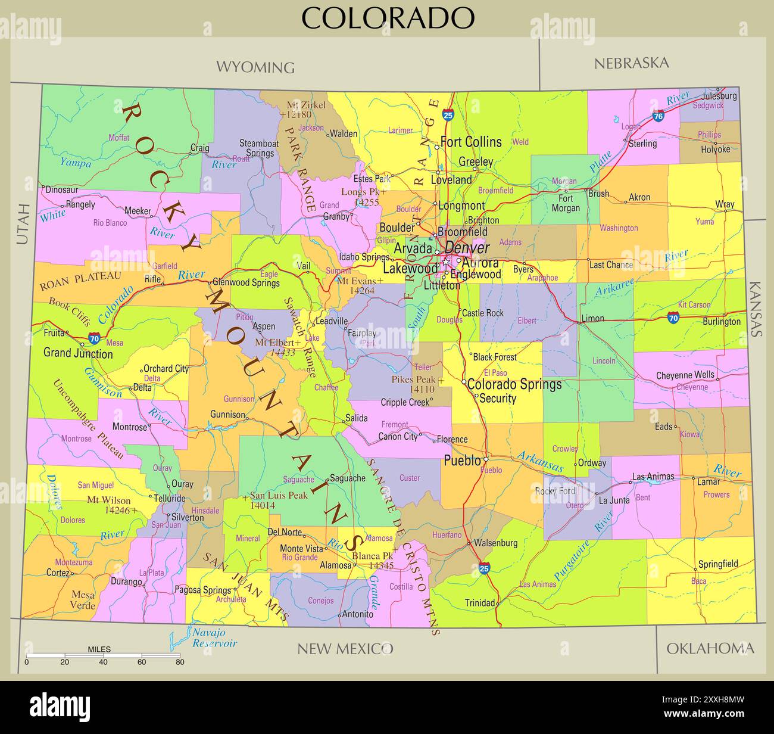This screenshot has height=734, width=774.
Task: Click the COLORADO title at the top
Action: pyautogui.click(x=388, y=17)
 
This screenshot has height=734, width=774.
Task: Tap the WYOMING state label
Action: pyautogui.click(x=255, y=67)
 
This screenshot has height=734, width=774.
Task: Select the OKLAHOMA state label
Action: pyautogui.click(x=710, y=648)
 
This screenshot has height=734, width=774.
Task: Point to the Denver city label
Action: pyautogui.click(x=467, y=248)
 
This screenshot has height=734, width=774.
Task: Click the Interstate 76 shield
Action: pyautogui.click(x=658, y=116)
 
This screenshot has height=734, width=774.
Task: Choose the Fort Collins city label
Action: pyautogui.click(x=470, y=142)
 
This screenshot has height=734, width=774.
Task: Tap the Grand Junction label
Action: pyautogui.click(x=78, y=354)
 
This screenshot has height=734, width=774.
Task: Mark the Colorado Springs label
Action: pyautogui.click(x=514, y=384)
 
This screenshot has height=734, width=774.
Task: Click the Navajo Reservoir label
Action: pyautogui.click(x=214, y=638)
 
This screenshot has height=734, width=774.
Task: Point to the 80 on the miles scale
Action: pyautogui.click(x=179, y=662)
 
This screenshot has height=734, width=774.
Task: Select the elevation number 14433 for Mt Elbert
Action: pyautogui.click(x=283, y=353)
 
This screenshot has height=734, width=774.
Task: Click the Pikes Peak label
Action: pyautogui.click(x=414, y=380)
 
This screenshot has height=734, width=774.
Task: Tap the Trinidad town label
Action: pyautogui.click(x=480, y=603)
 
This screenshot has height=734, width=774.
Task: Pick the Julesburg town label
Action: pyautogui.click(x=719, y=95)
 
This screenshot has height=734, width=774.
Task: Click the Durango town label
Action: pyautogui.click(x=127, y=582)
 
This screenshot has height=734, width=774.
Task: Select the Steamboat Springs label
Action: pyautogui.click(x=259, y=148)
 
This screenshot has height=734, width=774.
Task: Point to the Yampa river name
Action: pyautogui.click(x=76, y=163)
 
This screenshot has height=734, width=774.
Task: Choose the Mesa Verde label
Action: pyautogui.click(x=83, y=600)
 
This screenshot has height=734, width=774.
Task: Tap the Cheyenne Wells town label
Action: pyautogui.click(x=685, y=376)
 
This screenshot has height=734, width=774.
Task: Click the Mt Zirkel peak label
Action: pyautogui.click(x=306, y=105)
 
